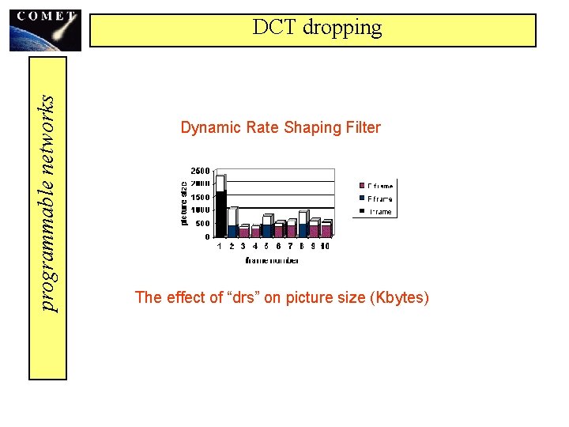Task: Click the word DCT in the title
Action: pos(273,28)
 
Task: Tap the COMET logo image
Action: pos(45,29)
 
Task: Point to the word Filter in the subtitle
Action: pos(362,127)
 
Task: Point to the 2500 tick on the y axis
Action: pos(200,171)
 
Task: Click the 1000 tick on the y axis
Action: pos(201,210)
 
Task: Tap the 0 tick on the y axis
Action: pos(207,236)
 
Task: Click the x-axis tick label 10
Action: pos(325,247)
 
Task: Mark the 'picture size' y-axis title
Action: pos(185,202)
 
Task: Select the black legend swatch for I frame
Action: pos(362,212)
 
